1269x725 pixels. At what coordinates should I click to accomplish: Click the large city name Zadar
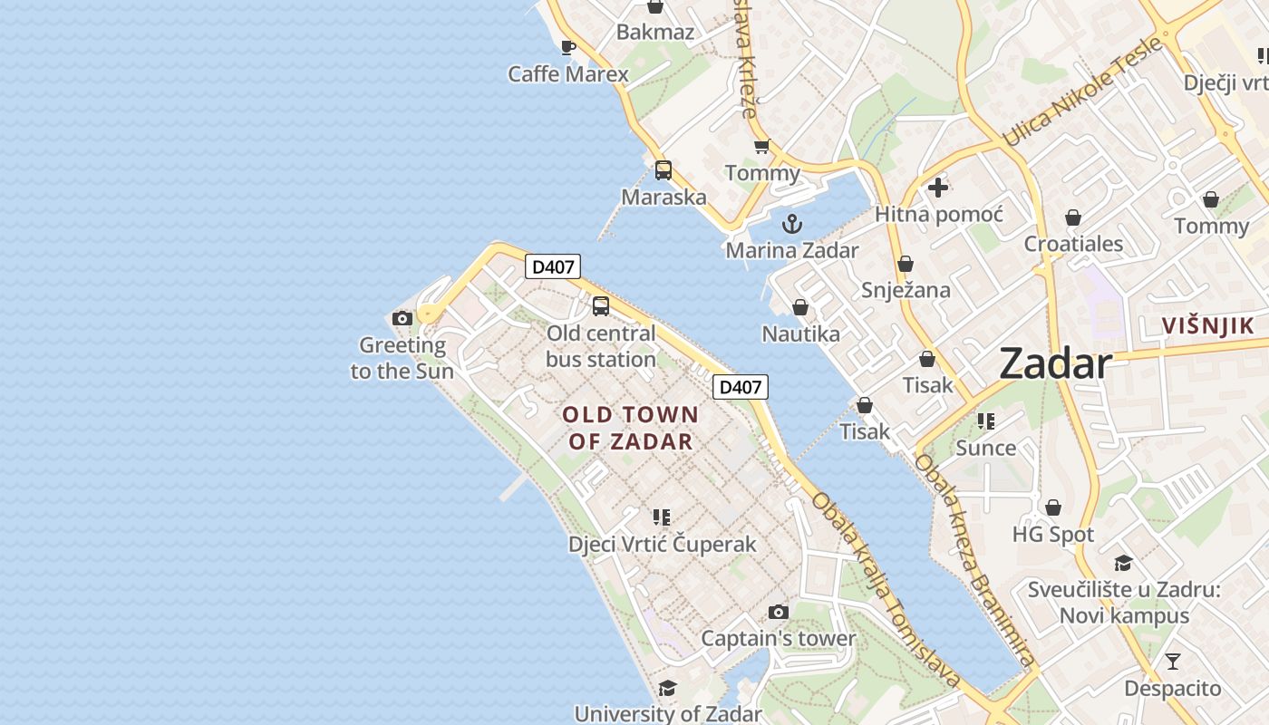click(1055, 364)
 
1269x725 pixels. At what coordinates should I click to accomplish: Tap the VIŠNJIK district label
click(1209, 326)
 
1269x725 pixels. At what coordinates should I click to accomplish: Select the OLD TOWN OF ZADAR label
click(631, 428)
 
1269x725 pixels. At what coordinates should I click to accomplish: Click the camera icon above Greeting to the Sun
click(402, 318)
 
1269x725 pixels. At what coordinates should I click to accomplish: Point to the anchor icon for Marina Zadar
click(792, 223)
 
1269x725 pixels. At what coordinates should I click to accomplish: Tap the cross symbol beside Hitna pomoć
click(938, 188)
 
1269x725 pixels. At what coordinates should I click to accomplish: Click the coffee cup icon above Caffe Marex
click(568, 47)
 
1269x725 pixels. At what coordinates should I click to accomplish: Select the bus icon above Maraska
click(664, 169)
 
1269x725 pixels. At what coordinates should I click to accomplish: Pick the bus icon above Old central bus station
click(601, 306)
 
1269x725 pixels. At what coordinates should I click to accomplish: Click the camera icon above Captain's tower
click(778, 612)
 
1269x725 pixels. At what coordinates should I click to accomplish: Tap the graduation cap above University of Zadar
click(668, 688)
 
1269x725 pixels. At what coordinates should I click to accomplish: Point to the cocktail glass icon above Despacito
click(1173, 662)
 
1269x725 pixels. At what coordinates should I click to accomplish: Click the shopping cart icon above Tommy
click(762, 146)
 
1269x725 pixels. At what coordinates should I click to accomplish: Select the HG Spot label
click(1053, 535)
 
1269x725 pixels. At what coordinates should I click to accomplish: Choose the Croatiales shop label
click(1073, 244)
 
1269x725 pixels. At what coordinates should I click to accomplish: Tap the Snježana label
click(906, 290)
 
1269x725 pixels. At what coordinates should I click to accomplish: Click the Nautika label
click(800, 333)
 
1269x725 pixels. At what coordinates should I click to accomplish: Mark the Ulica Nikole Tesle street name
click(1081, 92)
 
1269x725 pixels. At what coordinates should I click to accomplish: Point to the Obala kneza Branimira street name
click(974, 562)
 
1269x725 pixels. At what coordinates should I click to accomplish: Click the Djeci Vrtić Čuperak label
click(662, 545)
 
